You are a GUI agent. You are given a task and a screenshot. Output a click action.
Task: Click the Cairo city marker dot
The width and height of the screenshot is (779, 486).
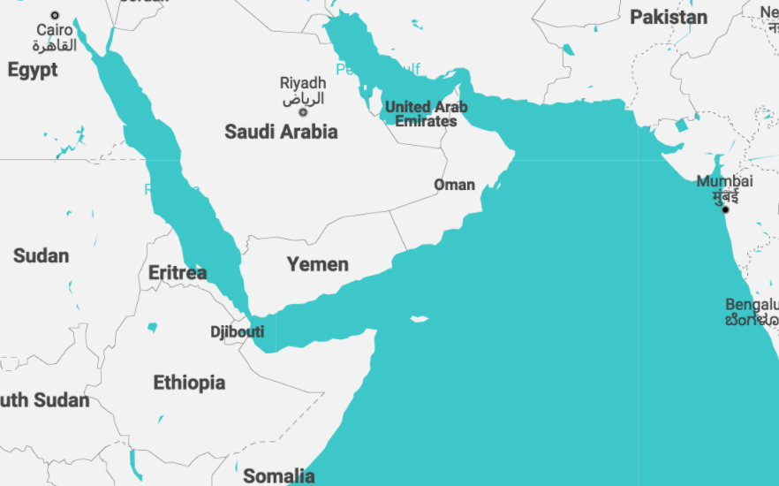pos(55,15)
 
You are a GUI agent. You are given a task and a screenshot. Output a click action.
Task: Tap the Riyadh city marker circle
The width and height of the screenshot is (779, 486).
pos(303,112)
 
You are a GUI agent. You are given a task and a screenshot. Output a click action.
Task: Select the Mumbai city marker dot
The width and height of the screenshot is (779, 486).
pos(725,209)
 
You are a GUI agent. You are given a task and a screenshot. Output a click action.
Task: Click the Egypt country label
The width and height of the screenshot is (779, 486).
pos(33,70)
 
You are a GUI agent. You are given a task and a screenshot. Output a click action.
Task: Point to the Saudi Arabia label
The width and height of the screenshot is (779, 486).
pos(281,133)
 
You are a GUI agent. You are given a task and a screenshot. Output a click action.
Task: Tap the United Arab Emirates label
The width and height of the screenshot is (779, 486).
pos(426,114)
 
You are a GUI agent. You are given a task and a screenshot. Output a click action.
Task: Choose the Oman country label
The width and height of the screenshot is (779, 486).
pos(454,186)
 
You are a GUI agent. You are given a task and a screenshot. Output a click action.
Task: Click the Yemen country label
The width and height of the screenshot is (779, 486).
pos(317,264)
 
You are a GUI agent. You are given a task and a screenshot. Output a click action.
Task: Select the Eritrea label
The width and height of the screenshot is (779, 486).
pos(177,273)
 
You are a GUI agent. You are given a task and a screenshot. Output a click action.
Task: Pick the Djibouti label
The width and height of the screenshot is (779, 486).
pos(237,332)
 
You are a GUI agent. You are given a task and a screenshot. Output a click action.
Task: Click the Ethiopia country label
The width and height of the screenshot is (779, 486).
pos(189,383)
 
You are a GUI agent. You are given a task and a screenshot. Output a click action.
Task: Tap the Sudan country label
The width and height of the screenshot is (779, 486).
pos(41,256)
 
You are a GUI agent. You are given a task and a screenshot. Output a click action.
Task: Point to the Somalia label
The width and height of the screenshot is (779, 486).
pos(278,476)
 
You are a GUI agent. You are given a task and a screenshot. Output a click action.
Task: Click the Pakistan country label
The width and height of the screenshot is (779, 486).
pos(668,17)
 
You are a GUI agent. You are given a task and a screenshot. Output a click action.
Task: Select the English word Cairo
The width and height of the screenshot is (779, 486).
pos(55,31)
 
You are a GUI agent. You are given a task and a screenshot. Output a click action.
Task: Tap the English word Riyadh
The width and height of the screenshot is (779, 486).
pos(303,83)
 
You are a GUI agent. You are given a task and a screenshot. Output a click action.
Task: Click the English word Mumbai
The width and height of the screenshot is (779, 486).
pos(724,181)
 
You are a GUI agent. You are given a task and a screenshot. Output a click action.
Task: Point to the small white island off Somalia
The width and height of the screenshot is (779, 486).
pos(419,319)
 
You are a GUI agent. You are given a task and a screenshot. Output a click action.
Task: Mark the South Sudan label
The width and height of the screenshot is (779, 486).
pos(44,400)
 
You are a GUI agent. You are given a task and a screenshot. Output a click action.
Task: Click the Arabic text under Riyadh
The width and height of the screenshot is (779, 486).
pos(303,98)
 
